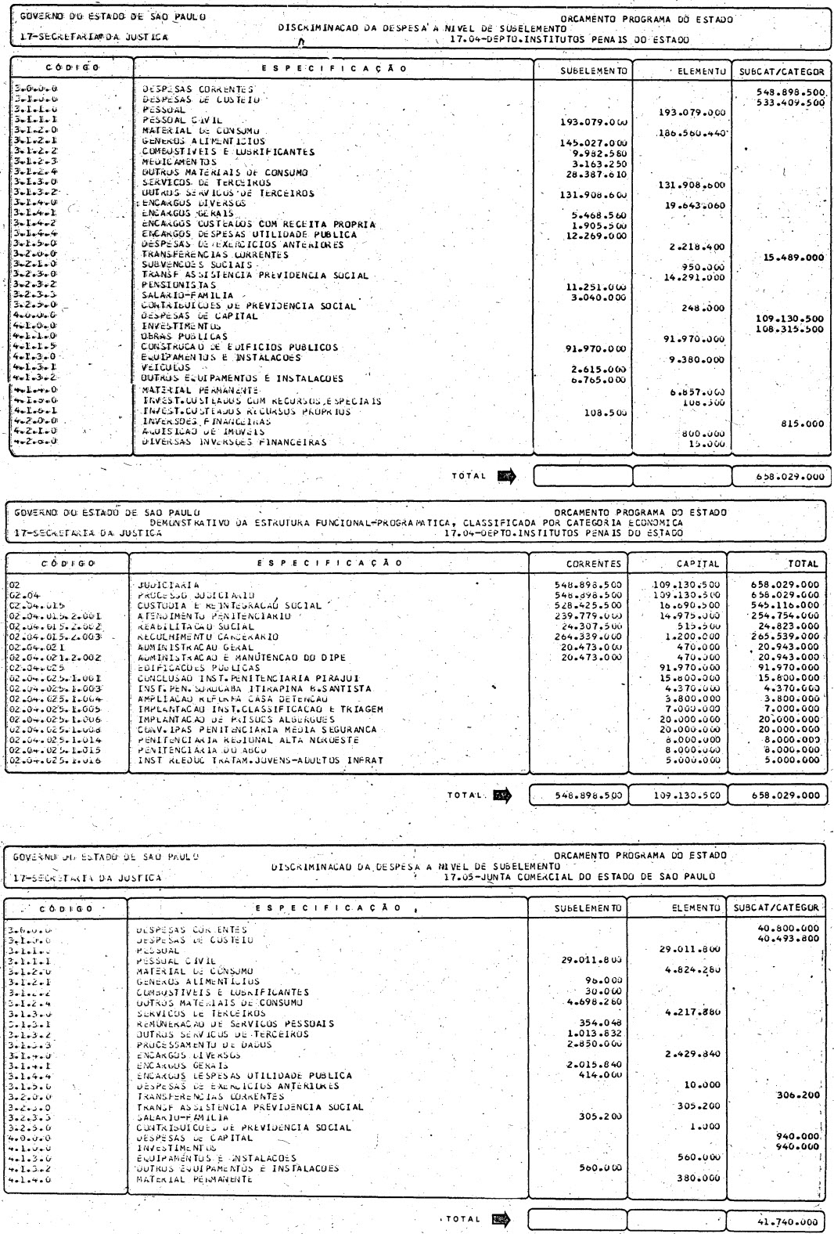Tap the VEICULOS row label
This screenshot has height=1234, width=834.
click(x=167, y=367)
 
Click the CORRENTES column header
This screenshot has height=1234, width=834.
click(x=594, y=563)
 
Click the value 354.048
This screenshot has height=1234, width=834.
click(x=601, y=1023)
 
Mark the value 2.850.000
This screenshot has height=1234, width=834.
click(x=594, y=1045)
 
